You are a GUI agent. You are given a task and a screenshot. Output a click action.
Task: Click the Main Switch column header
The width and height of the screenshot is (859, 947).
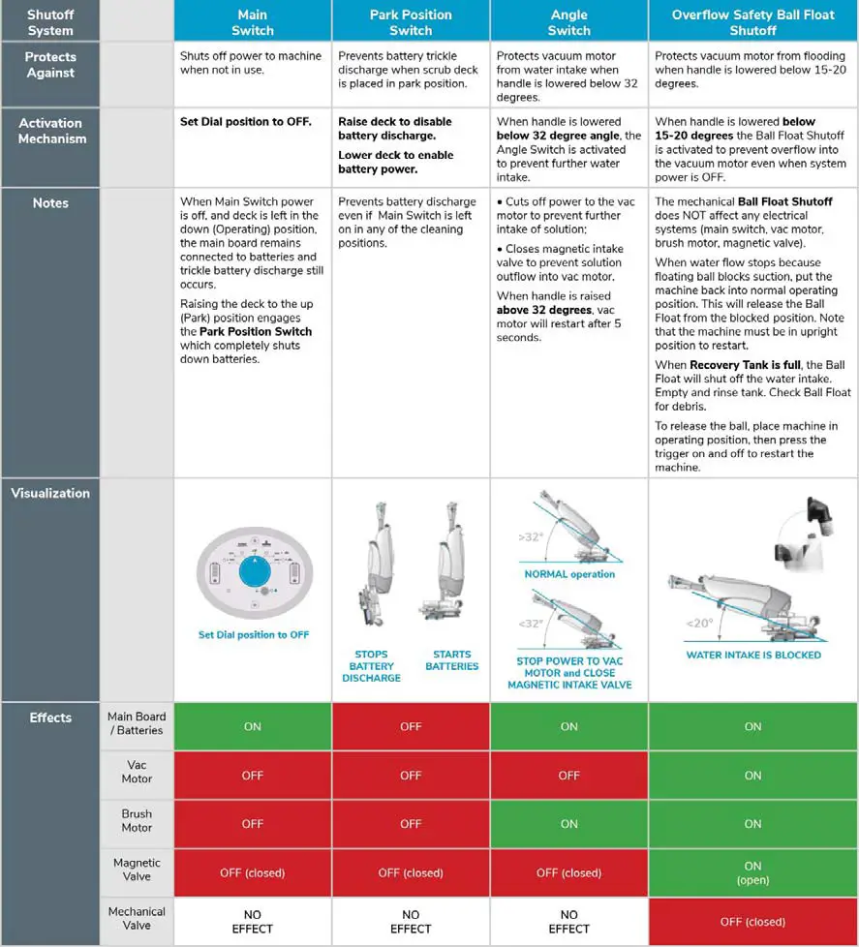(252, 21)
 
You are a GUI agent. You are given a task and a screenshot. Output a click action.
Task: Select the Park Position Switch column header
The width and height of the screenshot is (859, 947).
(411, 21)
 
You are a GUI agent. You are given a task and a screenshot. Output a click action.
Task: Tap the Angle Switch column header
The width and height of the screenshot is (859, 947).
(568, 21)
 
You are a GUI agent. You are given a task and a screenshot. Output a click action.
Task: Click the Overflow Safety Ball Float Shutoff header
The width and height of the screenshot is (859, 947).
(752, 21)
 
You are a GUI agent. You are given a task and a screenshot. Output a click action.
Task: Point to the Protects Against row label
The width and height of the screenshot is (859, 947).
(50, 65)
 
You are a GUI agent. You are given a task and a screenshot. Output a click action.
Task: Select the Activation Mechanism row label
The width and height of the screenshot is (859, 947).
(50, 131)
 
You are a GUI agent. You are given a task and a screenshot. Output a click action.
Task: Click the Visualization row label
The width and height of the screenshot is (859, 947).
(50, 493)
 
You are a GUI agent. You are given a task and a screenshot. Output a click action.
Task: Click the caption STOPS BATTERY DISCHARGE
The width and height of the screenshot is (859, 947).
(372, 666)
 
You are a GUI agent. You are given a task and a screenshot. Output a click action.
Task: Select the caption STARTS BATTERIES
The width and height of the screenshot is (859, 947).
(451, 660)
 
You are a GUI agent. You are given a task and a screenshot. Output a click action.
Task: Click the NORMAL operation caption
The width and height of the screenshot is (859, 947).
(569, 574)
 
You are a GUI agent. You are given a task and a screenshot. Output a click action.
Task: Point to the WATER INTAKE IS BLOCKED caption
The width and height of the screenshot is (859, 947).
(753, 655)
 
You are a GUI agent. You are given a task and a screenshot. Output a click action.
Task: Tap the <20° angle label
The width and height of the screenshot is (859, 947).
(700, 623)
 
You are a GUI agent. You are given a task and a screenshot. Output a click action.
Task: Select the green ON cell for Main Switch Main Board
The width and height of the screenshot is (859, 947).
(252, 726)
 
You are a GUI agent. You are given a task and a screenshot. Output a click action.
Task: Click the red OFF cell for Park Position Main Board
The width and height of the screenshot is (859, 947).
(411, 726)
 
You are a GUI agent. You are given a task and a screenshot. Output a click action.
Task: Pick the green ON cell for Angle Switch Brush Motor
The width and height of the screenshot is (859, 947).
(568, 823)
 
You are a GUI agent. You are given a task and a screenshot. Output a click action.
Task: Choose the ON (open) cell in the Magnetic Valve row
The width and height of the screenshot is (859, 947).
(752, 872)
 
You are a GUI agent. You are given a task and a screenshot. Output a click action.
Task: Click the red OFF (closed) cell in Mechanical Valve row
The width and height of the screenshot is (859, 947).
(752, 921)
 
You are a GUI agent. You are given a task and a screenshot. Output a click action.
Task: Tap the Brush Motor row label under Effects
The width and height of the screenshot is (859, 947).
(137, 821)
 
